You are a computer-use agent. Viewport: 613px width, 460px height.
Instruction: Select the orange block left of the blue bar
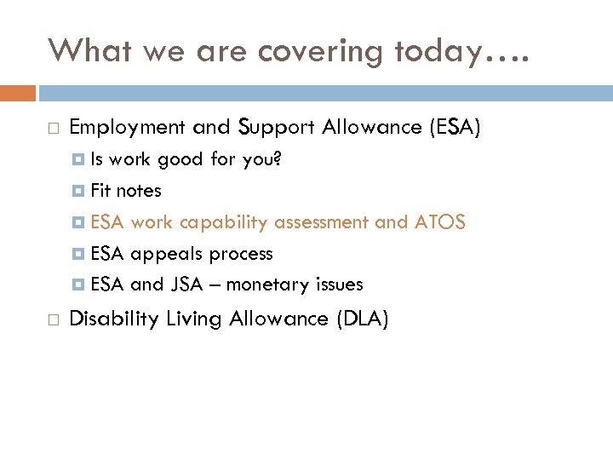pyautogui.click(x=18, y=93)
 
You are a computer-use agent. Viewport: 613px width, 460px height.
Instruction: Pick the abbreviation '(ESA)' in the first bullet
pyautogui.click(x=455, y=128)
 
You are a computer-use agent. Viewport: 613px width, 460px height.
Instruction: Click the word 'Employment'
pyautogui.click(x=127, y=128)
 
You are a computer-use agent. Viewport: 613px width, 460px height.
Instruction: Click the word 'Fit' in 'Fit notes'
pyautogui.click(x=100, y=191)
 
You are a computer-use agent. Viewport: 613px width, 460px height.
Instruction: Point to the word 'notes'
pyautogui.click(x=139, y=191)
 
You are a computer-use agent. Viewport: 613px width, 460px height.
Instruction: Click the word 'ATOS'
pyautogui.click(x=439, y=222)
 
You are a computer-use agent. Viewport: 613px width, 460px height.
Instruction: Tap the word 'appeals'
pyautogui.click(x=167, y=254)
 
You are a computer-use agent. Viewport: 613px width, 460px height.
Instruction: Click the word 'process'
pyautogui.click(x=241, y=254)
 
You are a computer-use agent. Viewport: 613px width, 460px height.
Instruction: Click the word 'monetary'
pyautogui.click(x=270, y=285)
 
